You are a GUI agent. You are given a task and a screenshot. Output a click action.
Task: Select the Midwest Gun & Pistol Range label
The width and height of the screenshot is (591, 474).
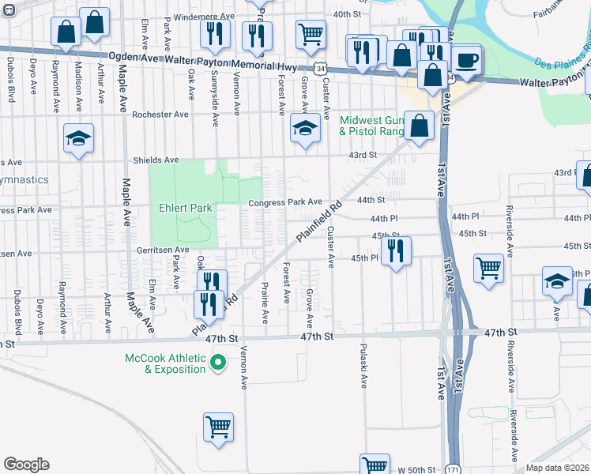371,126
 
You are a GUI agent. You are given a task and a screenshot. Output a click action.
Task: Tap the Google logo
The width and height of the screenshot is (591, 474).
26,465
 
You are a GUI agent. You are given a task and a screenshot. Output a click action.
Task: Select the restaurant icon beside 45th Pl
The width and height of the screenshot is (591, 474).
395,251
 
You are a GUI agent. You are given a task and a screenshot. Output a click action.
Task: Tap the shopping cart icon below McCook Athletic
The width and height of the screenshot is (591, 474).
219,427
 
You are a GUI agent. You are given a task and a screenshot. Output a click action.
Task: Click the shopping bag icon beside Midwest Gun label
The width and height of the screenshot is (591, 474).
421,124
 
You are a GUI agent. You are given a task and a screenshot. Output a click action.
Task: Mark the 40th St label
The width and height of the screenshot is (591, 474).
347,14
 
